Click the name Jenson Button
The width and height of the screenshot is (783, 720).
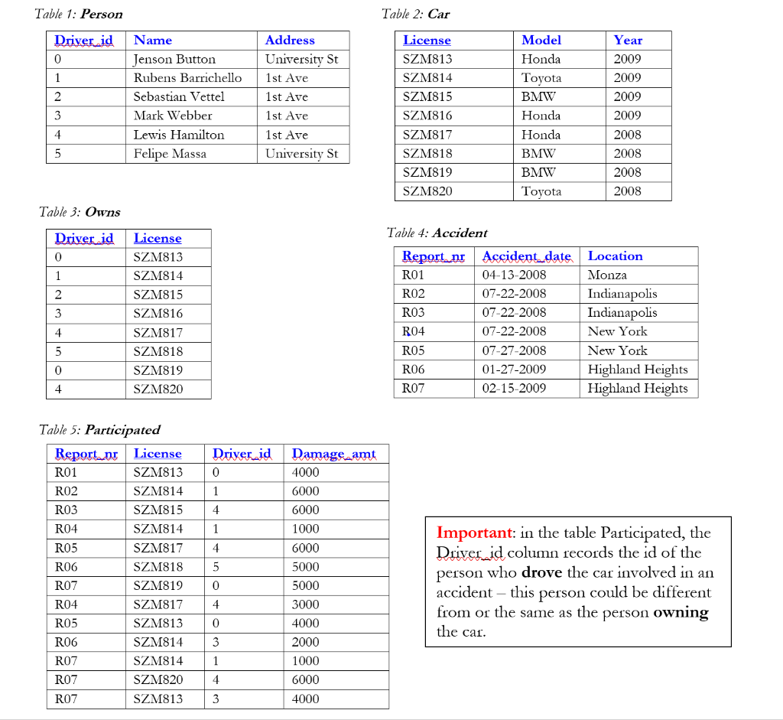tap(174, 59)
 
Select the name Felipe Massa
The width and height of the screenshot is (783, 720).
tap(170, 153)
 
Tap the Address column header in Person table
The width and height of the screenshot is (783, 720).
tap(290, 40)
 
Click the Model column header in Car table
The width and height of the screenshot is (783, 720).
tap(541, 40)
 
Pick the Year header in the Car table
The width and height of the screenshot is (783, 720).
tap(628, 40)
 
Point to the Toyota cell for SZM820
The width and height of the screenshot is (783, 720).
tap(541, 191)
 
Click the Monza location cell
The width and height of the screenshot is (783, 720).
tap(607, 275)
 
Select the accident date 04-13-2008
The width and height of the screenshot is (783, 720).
tap(514, 275)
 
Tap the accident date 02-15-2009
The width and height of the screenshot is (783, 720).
tap(514, 388)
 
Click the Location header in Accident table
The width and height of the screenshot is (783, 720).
tap(615, 256)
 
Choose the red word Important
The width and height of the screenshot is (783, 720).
tap(473, 533)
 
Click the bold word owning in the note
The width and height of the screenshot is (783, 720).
tap(681, 612)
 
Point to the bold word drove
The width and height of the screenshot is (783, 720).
tap(541, 572)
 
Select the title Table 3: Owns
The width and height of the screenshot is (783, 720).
tap(80, 212)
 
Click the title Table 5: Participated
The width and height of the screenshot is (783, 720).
tap(99, 429)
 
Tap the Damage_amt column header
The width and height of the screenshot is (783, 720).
tap(334, 454)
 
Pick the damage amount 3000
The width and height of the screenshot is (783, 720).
tap(306, 604)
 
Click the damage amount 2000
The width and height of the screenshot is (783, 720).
tap(306, 642)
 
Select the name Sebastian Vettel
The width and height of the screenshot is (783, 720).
tap(179, 96)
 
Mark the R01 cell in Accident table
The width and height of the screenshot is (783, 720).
tap(413, 275)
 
